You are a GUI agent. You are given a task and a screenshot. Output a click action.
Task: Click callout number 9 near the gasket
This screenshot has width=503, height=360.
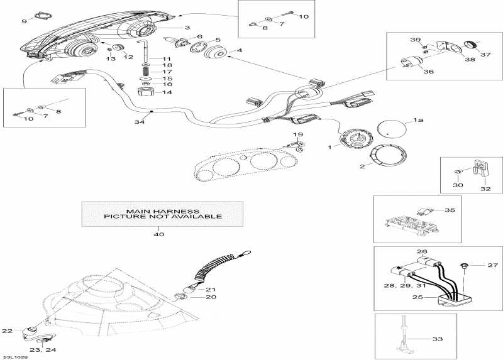(24, 21)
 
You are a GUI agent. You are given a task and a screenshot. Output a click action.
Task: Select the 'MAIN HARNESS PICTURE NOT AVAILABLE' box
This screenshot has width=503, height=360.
(162, 213)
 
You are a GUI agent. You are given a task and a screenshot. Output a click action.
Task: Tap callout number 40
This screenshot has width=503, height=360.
(159, 234)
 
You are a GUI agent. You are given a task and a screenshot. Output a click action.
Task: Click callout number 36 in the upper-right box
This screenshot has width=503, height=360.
(428, 72)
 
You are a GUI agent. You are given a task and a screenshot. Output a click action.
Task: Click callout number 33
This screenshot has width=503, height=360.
(437, 339)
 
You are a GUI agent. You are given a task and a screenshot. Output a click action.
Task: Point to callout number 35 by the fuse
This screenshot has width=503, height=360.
(449, 210)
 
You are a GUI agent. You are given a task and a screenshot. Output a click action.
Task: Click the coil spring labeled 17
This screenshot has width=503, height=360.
(146, 72)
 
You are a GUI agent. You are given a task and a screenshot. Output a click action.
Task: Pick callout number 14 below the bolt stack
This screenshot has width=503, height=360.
(167, 92)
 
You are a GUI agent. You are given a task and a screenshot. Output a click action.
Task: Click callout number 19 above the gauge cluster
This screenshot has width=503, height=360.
(299, 135)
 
